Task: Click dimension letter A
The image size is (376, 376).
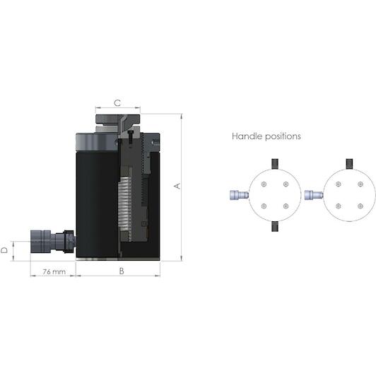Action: click(177, 186)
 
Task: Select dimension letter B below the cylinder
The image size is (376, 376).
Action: click(122, 271)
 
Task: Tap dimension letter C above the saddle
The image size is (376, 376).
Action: click(117, 103)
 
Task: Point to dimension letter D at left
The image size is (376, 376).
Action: click(4, 250)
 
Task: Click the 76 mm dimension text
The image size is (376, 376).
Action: click(54, 271)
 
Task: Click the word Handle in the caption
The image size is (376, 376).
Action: click(247, 136)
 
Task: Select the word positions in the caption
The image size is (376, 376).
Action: click(283, 136)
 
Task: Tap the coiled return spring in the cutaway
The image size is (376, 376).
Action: click(125, 208)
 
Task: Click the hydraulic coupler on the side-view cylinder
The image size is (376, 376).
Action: click(53, 241)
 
